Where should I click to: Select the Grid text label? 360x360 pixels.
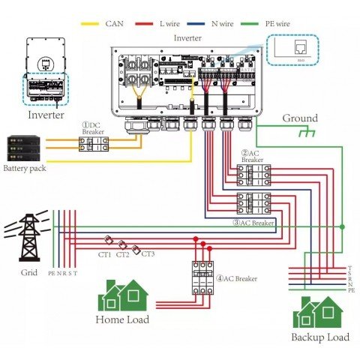pos(28,273)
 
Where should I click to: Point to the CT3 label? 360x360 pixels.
pos(148,254)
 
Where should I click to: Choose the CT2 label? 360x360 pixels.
pos(124,255)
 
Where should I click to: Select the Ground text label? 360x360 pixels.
pos(300,118)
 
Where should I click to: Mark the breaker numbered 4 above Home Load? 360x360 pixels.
pos(202,277)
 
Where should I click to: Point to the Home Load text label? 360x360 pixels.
pos(121,319)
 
